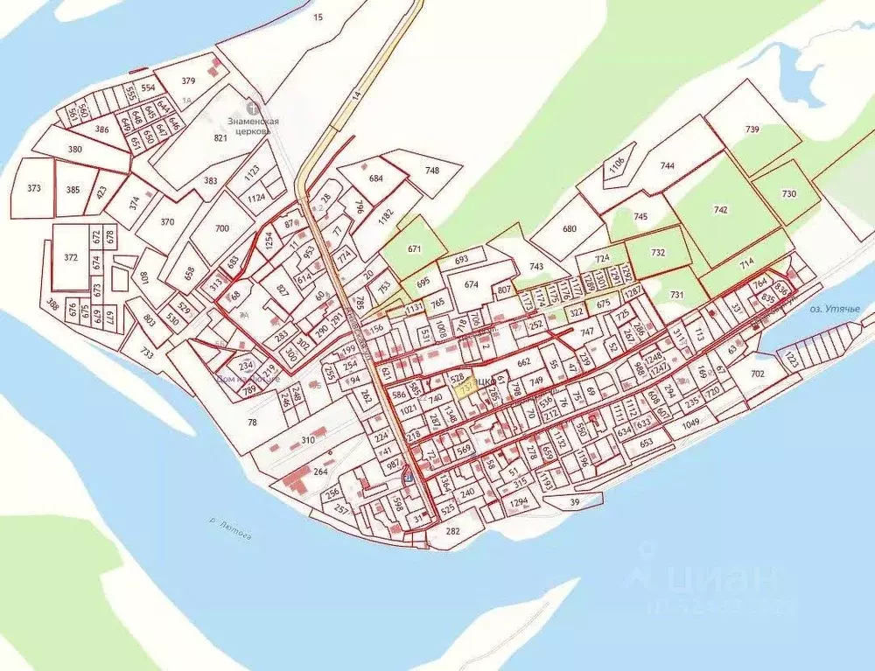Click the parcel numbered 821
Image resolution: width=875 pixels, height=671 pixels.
tap(220, 138)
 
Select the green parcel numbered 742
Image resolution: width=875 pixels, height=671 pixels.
tap(721, 210)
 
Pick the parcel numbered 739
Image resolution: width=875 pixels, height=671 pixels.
tap(752, 129)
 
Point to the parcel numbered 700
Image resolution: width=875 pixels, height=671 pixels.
tap(221, 228)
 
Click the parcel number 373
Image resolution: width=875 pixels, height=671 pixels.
tap(34, 188)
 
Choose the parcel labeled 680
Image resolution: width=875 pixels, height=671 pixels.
tap(570, 229)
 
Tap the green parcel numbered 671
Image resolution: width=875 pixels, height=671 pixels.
tap(415, 249)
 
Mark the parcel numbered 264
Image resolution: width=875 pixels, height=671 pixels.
tap(320, 473)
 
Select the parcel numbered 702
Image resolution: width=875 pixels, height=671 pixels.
tap(757, 374)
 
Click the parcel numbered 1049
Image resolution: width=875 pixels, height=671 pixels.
tap(691, 423)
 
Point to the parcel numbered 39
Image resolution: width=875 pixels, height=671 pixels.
tap(575, 501)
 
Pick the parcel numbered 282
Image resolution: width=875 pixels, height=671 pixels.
tap(452, 531)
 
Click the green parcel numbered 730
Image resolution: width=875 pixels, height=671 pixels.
tap(788, 194)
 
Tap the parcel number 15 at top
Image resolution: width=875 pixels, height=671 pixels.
tap(317, 17)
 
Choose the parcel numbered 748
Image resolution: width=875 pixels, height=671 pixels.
tap(431, 170)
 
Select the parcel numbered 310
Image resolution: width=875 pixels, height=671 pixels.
tap(307, 438)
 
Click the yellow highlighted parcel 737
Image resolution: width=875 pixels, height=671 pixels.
tap(465, 391)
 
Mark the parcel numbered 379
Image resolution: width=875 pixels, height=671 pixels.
tap(188, 80)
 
